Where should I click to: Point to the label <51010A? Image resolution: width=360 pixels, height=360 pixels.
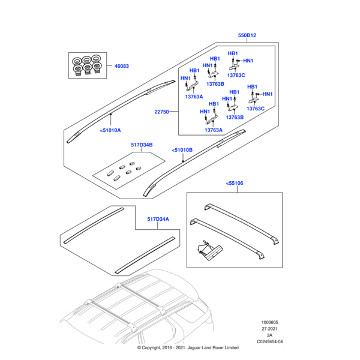click(x=109, y=130)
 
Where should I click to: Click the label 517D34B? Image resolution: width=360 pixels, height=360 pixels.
click(x=142, y=145)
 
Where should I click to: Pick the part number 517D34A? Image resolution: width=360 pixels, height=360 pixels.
click(x=159, y=220)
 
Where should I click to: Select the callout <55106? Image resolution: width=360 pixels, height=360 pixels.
click(x=236, y=183)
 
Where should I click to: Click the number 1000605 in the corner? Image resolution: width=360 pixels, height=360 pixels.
click(x=269, y=322)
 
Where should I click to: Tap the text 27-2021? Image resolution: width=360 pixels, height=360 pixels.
click(x=269, y=329)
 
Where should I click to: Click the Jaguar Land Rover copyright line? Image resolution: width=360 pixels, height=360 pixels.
click(x=188, y=347)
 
